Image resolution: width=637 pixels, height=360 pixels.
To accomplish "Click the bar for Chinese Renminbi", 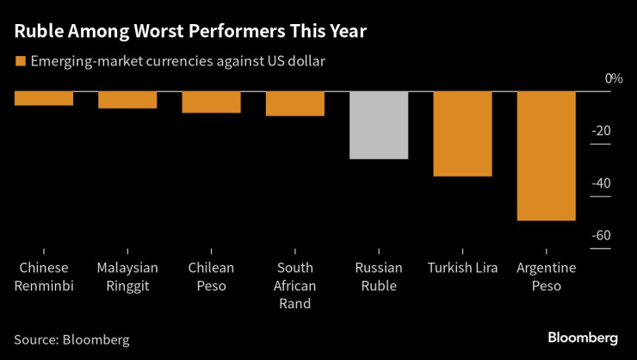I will click(x=44, y=98).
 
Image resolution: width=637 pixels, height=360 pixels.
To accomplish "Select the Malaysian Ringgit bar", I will click(x=127, y=100).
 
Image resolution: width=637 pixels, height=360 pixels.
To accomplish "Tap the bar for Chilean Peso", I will click(x=211, y=102).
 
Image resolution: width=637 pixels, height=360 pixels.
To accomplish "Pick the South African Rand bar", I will click(x=294, y=103).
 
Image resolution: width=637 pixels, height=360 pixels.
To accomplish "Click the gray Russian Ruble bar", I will click(x=379, y=125).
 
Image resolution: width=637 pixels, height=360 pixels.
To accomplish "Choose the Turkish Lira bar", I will click(x=462, y=133).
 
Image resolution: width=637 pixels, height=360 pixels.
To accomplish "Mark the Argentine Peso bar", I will click(x=546, y=156).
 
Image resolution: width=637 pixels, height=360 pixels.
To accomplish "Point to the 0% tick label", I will click(x=613, y=78).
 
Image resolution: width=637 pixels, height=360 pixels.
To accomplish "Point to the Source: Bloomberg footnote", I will click(x=71, y=339).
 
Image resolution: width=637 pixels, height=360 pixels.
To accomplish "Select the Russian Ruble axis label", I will click(x=379, y=276).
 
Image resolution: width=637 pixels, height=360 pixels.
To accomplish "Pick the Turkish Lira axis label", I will click(x=462, y=268).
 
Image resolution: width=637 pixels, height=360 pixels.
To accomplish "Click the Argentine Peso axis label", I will click(x=546, y=276).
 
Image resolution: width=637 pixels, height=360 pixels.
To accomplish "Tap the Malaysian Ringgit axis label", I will click(x=127, y=276).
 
